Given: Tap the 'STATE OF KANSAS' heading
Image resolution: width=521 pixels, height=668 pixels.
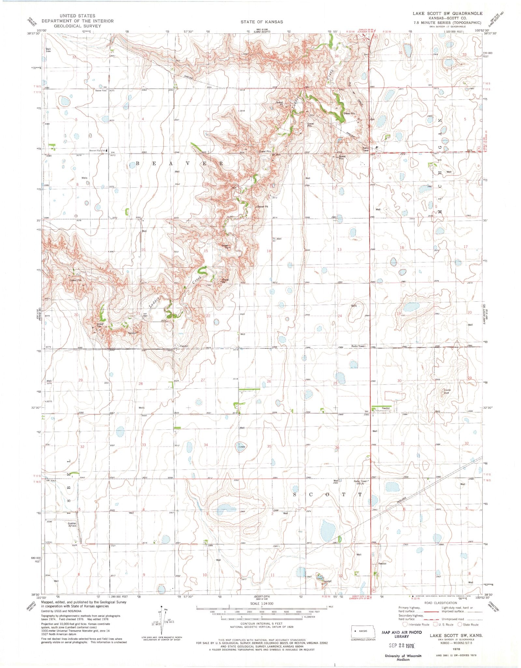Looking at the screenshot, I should [262, 22].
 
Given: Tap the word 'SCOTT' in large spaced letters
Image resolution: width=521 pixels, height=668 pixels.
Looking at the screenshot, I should [327, 494].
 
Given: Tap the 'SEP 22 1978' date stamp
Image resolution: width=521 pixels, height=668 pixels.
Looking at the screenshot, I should [399, 645].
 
